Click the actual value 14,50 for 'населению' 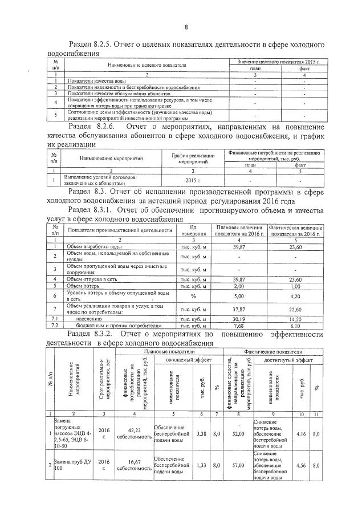(x=294, y=319)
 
